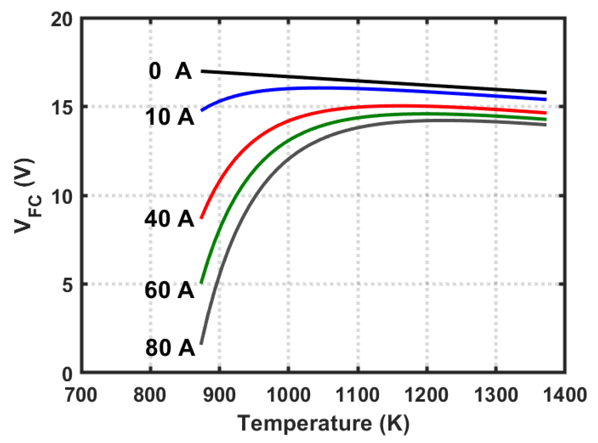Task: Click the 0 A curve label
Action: click(170, 71)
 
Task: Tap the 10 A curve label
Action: click(169, 117)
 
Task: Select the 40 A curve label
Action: click(169, 219)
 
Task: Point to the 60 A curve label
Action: click(169, 290)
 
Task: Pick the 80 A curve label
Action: click(170, 348)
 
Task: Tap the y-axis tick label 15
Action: click(62, 107)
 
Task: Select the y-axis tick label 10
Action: click(62, 196)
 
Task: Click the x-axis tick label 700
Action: click(81, 395)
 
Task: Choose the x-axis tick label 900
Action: click(219, 395)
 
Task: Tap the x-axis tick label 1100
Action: click(358, 395)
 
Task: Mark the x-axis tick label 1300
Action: click(496, 395)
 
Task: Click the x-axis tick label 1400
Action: click(565, 395)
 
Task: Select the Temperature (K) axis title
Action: click(323, 424)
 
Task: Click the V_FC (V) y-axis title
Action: click(27, 196)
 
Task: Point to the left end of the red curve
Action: click(201, 218)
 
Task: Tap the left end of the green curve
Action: click(201, 282)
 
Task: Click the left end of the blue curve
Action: click(202, 110)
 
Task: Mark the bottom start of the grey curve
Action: click(201, 344)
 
